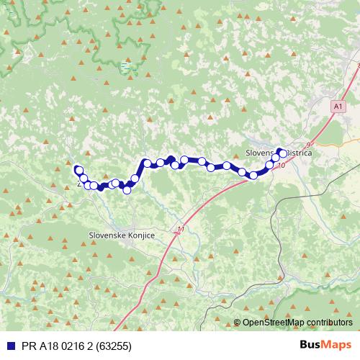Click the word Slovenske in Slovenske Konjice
point(105,235)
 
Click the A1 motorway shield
point(337,107)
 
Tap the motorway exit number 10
point(280,166)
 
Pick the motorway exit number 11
point(179,230)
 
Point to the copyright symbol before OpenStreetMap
point(237,323)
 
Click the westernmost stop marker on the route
point(78,170)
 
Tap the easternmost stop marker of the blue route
point(281,153)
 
